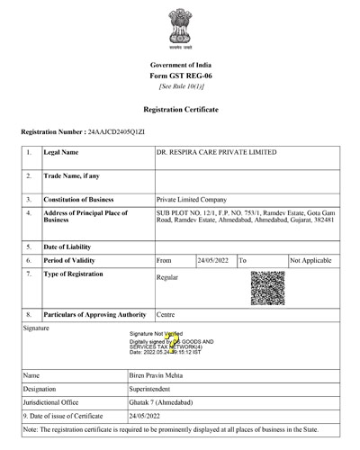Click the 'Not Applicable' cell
click(x=313, y=259)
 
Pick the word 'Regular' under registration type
click(x=167, y=277)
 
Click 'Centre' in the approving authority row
click(x=166, y=314)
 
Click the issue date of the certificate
click(x=174, y=416)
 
